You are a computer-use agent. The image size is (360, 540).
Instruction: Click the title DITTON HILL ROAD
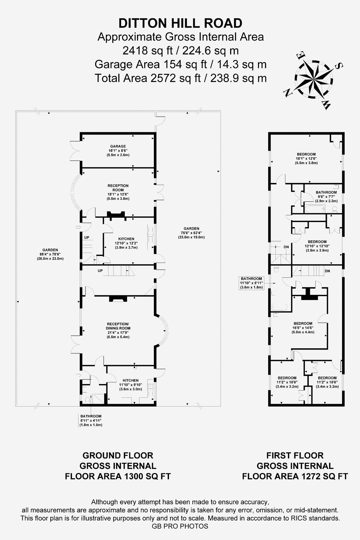(x=180, y=23)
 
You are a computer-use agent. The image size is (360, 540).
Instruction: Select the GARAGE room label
(x=118, y=151)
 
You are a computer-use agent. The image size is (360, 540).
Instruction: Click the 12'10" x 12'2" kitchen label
(x=126, y=243)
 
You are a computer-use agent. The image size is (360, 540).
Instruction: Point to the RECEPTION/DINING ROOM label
(x=118, y=330)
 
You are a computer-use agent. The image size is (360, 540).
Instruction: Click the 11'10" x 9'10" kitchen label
(x=130, y=385)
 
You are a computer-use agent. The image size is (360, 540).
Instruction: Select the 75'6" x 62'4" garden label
(x=191, y=232)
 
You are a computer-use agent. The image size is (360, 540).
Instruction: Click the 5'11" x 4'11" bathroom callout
(x=91, y=420)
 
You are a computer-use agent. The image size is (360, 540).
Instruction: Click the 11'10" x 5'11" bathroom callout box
(x=251, y=283)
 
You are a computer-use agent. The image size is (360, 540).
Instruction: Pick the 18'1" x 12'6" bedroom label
(x=306, y=158)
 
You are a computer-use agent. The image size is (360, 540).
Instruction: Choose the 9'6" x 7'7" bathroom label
(x=326, y=196)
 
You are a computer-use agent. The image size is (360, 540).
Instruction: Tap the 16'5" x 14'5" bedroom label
(x=303, y=328)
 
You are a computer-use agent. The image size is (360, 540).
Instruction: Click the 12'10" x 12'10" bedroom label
(x=317, y=246)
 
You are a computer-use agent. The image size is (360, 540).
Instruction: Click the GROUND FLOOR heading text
(x=118, y=455)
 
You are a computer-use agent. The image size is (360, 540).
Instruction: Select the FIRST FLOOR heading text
(x=295, y=455)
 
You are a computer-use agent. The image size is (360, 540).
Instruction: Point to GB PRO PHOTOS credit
(x=180, y=526)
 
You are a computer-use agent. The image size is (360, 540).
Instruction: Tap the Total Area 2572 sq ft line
(x=180, y=78)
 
